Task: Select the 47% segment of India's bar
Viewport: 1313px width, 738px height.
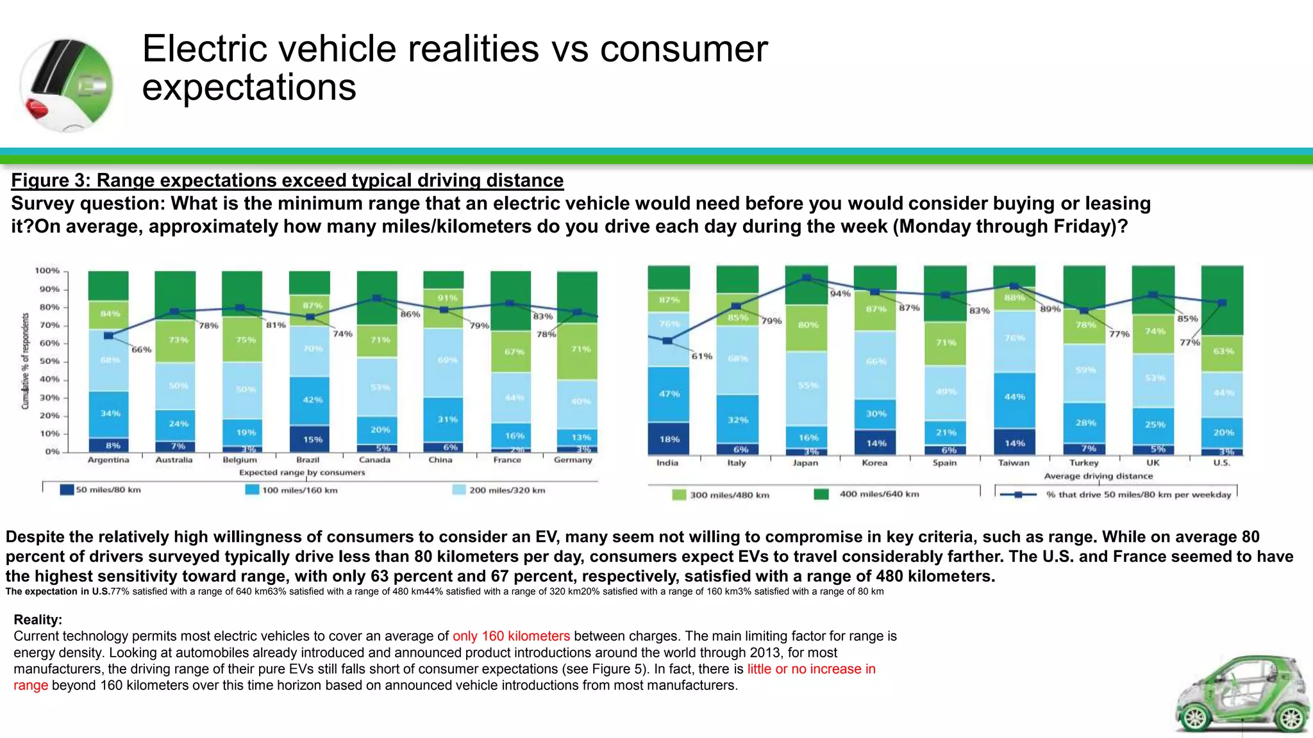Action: [669, 393]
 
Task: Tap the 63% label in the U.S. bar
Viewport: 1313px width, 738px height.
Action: [1223, 351]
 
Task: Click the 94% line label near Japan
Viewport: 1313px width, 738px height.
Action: [840, 293]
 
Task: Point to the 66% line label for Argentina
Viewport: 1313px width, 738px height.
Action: [141, 350]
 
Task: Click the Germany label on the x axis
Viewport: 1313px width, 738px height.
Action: [573, 460]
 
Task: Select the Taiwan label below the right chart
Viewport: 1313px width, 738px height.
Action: [1014, 463]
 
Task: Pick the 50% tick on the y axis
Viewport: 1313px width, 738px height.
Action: [47, 361]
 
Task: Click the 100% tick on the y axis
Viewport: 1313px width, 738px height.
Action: [46, 271]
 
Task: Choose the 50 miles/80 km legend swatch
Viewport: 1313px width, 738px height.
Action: [67, 490]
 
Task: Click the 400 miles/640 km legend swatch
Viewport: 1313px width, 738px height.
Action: [821, 494]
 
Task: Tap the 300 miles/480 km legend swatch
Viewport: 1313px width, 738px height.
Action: [679, 495]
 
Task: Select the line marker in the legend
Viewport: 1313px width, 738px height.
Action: [1018, 495]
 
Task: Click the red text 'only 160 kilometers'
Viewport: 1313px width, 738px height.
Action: [511, 636]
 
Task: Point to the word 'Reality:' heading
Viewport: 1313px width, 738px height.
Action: [38, 619]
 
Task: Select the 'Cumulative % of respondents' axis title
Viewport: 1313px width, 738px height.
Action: [26, 361]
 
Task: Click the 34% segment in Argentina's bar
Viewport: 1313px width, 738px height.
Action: [109, 414]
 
